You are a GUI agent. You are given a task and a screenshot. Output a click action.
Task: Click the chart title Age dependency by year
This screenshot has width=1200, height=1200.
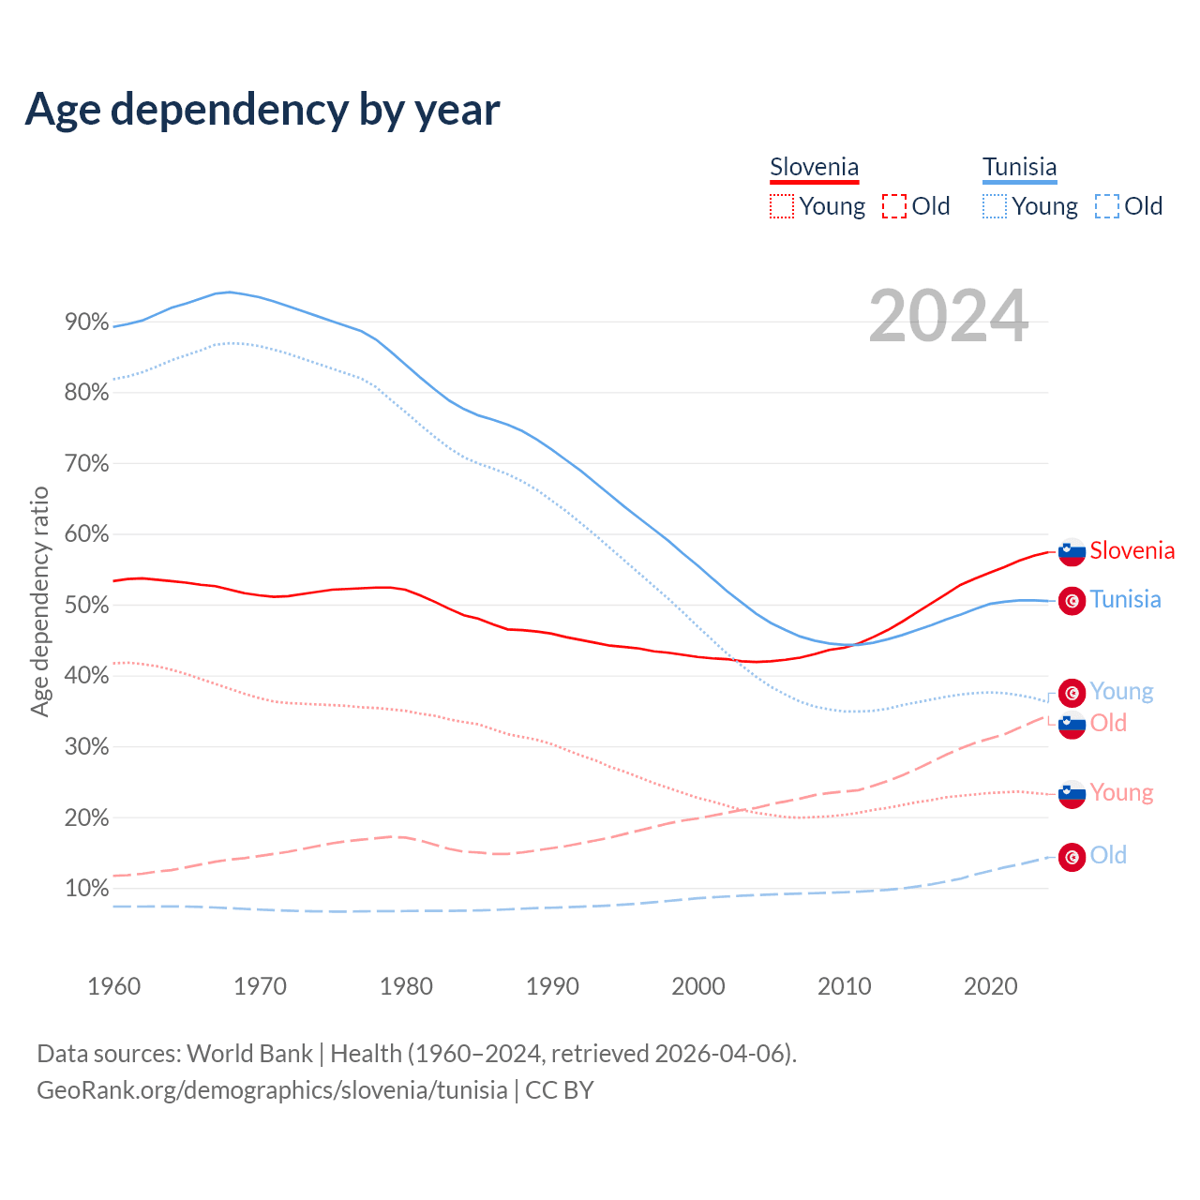tap(262, 110)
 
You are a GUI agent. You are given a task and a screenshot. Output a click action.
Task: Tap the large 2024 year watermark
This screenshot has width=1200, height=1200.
tap(948, 317)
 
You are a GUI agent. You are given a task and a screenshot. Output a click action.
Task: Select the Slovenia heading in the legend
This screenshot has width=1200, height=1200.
tap(814, 168)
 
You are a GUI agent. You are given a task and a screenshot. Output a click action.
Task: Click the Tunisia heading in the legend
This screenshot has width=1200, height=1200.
tap(1019, 168)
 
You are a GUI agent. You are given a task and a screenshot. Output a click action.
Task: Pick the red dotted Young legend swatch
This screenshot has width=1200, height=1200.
tap(781, 206)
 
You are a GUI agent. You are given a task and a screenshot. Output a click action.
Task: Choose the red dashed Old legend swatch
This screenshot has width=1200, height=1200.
tap(894, 206)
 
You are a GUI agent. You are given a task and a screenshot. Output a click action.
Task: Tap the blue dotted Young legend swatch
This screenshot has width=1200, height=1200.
tap(995, 206)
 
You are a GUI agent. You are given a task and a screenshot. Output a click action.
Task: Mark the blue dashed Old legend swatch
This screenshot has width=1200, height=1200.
tap(1107, 206)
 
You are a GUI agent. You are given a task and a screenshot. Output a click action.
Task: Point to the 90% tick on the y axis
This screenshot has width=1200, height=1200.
tap(86, 322)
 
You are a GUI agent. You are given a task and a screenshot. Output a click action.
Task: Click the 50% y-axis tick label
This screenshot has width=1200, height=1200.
tap(86, 606)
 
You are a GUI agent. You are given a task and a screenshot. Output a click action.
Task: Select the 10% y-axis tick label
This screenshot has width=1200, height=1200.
tap(86, 889)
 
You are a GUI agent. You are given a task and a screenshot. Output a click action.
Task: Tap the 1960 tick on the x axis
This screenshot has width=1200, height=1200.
tap(113, 986)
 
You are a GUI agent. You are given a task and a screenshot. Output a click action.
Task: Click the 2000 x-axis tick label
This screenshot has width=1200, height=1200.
tap(698, 986)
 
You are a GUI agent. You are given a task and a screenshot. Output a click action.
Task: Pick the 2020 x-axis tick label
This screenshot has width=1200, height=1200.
tap(991, 986)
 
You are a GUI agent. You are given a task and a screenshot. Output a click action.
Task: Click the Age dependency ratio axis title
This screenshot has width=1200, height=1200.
tap(39, 601)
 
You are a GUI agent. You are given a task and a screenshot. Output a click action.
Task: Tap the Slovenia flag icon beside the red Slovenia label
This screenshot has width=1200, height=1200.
tap(1072, 552)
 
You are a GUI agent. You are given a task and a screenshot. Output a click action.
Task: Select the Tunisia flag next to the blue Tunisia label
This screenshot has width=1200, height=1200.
tap(1072, 601)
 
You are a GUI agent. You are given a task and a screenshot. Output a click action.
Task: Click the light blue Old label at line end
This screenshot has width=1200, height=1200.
tap(1108, 855)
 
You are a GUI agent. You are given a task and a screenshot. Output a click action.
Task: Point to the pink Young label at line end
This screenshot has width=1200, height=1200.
tap(1121, 793)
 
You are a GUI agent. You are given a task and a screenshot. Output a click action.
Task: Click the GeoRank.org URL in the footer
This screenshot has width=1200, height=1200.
tap(272, 1090)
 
